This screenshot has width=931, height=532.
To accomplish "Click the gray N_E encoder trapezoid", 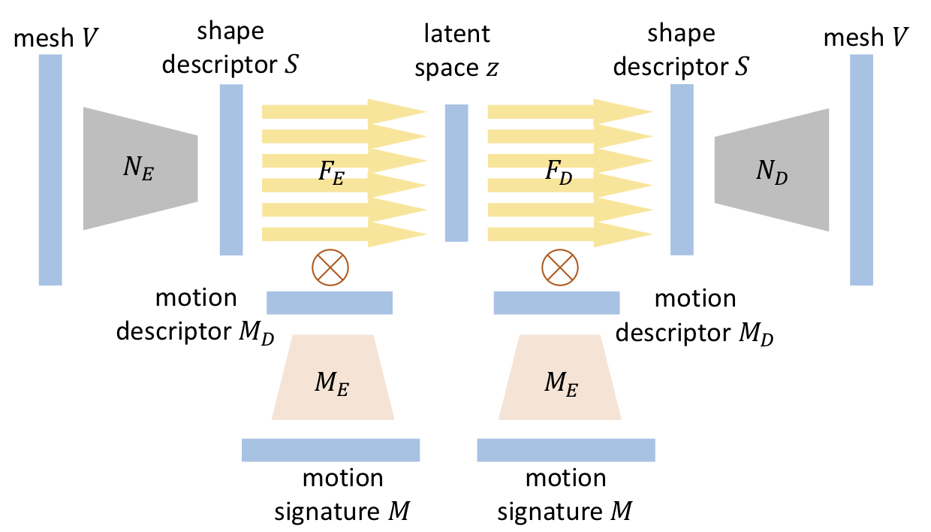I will pos(140,168).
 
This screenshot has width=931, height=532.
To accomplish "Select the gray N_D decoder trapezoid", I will pos(772,170).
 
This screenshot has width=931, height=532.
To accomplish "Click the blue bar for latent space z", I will pos(456,172).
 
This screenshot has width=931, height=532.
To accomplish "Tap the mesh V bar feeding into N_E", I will pos(50,170).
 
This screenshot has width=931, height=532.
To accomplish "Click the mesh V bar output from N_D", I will pos(861,170).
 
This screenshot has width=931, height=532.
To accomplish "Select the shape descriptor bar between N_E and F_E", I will pos(231,170).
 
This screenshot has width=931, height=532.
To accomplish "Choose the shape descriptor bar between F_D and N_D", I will pos(681,170).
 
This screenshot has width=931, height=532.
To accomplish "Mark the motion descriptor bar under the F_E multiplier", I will pos(330,303).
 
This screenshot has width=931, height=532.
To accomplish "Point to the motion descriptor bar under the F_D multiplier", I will pos(556,303).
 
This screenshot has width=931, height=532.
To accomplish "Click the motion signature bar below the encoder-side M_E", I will pos(330,449).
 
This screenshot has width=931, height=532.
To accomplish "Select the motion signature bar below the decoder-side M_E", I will pos(566,449).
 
